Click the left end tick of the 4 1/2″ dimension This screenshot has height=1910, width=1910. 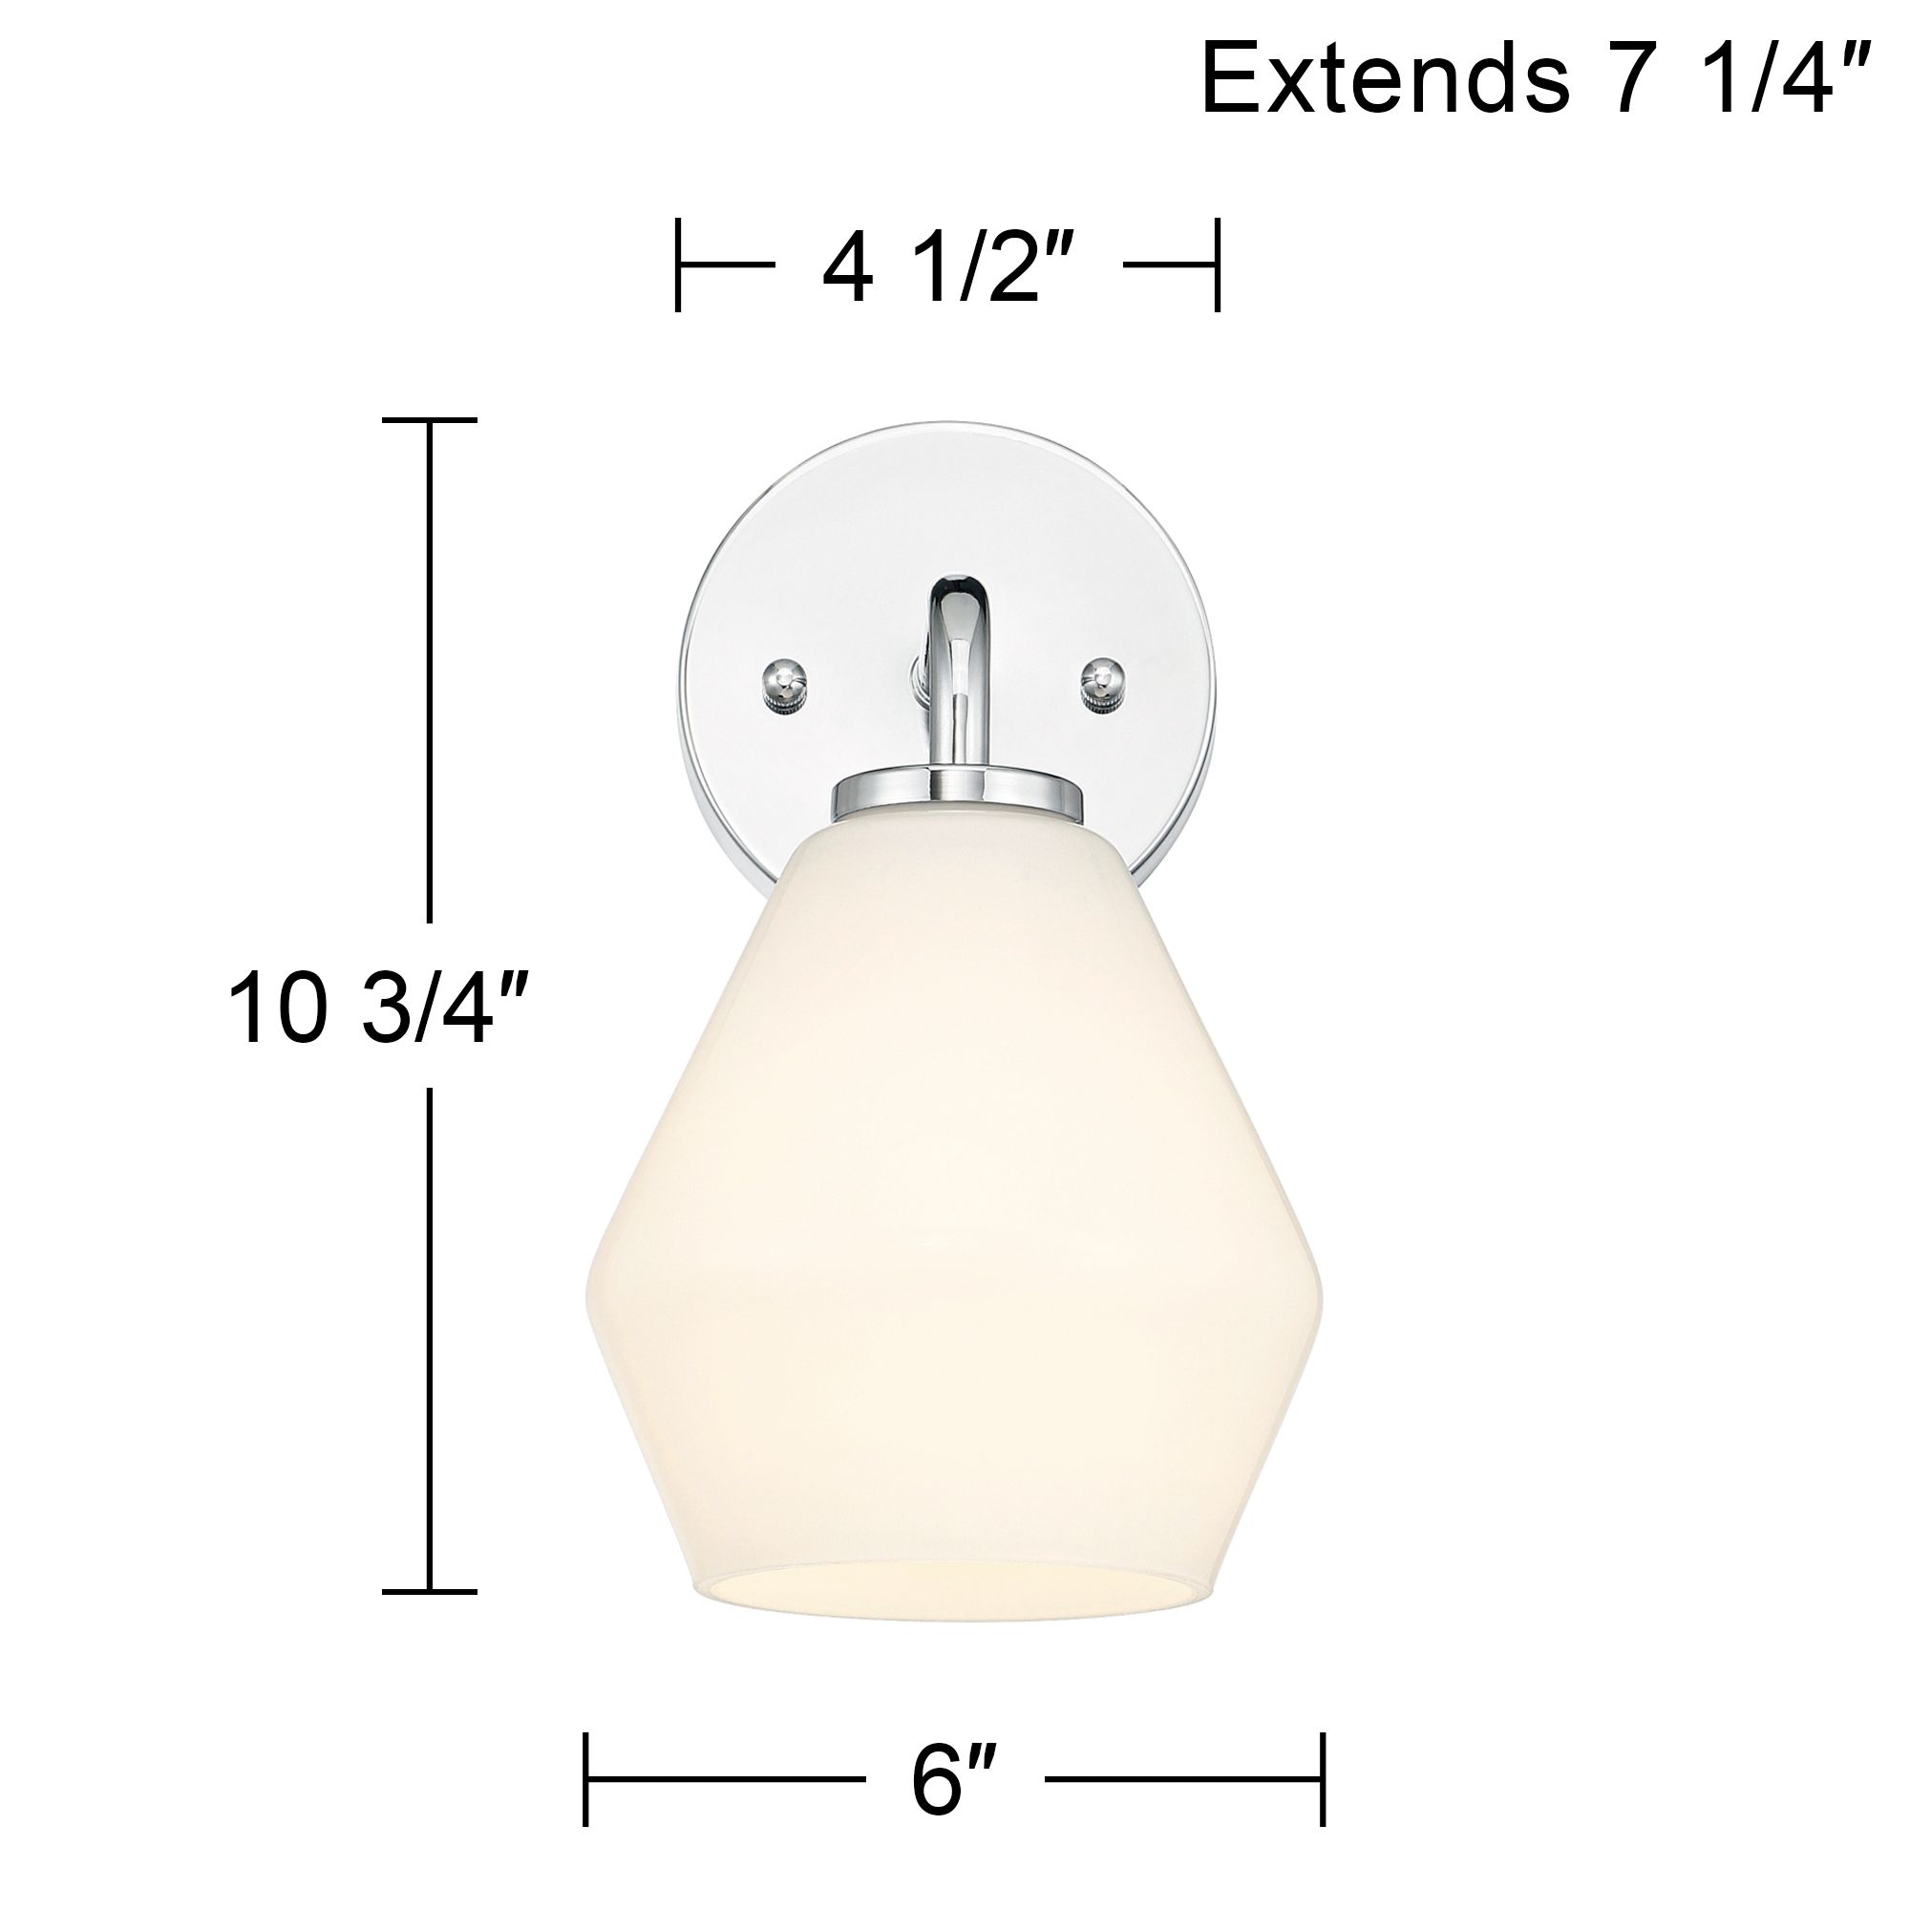click(678, 265)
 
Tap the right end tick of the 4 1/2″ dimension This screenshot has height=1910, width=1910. click(1217, 265)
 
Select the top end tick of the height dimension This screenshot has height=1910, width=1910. click(429, 420)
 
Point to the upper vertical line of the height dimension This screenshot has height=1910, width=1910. click(429, 672)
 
